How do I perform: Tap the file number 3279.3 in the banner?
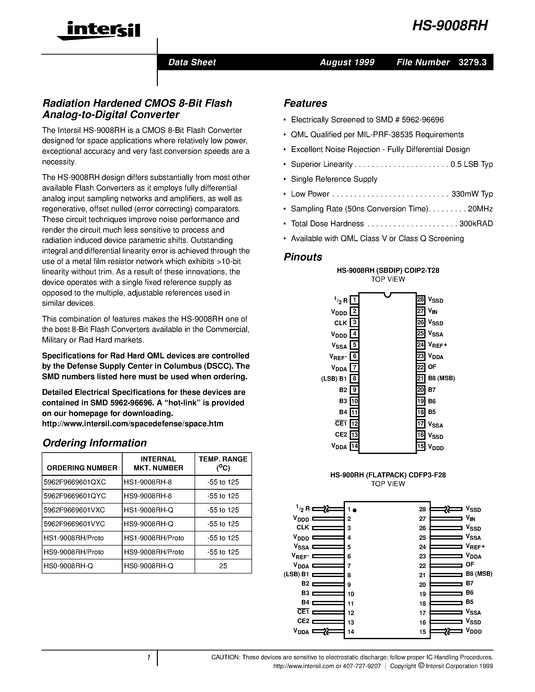[472, 62]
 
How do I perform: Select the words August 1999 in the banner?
[347, 62]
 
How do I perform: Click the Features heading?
[305, 103]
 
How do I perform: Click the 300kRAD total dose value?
[476, 224]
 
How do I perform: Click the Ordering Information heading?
[94, 443]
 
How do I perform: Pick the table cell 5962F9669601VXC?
[75, 510]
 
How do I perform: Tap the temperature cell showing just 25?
[223, 566]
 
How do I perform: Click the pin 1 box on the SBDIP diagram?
[354, 300]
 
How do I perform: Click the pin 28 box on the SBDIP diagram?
[421, 300]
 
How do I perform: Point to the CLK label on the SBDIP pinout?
[341, 323]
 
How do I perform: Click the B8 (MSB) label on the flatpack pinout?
[479, 574]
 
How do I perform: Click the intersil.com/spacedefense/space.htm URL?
[132, 424]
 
